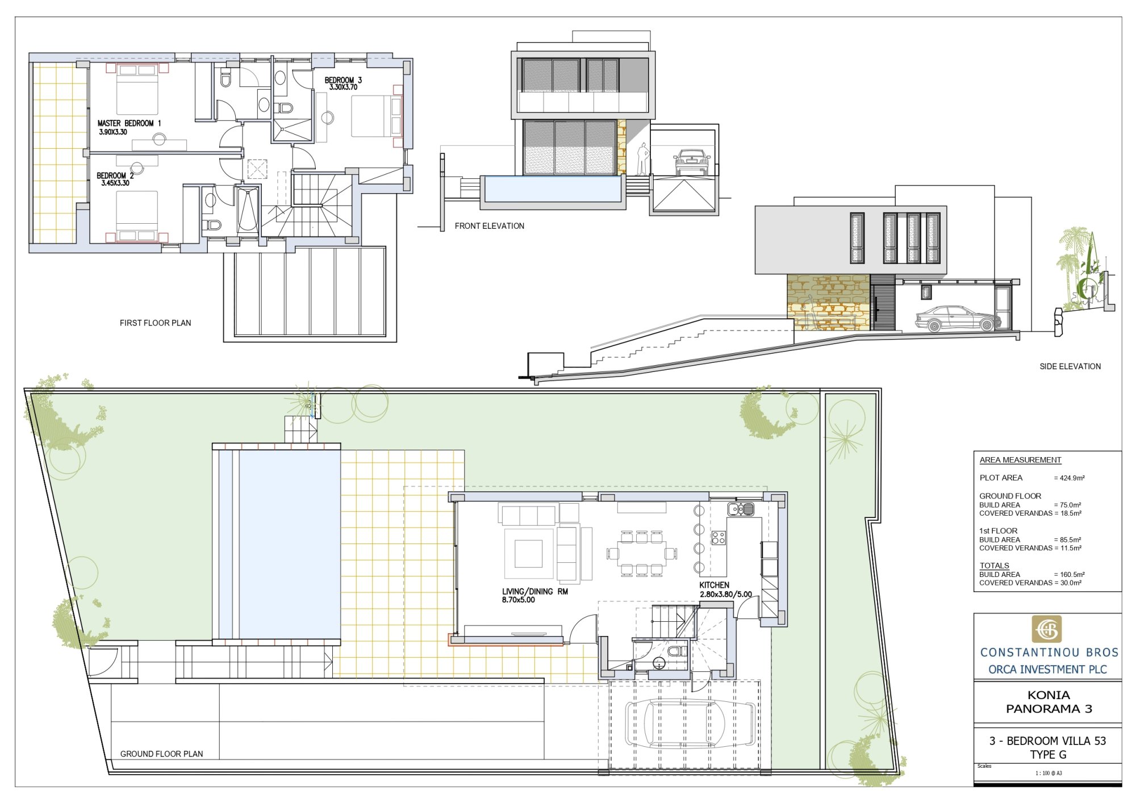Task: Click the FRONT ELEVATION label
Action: tap(489, 226)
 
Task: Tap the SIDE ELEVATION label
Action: tap(1070, 366)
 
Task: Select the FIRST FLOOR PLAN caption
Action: tap(155, 323)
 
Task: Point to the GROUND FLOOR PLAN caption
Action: tap(161, 754)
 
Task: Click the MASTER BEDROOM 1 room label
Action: tap(129, 123)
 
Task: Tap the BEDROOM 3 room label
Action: tap(343, 80)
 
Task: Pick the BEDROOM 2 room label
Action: tap(115, 175)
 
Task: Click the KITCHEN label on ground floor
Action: tap(714, 585)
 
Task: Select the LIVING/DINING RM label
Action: tap(534, 591)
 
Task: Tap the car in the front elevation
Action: tap(692, 162)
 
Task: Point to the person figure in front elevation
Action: tap(642, 158)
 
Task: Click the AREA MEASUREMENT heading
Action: tap(1020, 460)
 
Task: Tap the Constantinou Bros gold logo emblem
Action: tap(1046, 629)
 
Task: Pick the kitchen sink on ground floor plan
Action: tap(741, 509)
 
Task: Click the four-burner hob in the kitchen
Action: tap(719, 537)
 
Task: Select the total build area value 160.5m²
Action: tap(1072, 575)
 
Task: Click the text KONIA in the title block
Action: tap(1049, 695)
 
